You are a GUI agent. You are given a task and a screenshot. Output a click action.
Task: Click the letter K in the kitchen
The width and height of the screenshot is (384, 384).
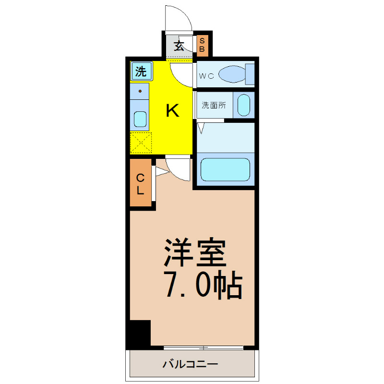pyautogui.click(x=173, y=110)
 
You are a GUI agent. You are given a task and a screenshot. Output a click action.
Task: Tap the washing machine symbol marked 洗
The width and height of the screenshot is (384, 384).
pyautogui.click(x=141, y=71)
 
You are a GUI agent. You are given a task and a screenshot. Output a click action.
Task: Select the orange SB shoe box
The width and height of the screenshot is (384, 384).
pyautogui.click(x=202, y=46)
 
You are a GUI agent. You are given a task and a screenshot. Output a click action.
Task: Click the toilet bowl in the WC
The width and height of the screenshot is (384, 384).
pyautogui.click(x=232, y=74)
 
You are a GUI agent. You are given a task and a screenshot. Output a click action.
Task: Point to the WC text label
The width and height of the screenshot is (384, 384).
pyautogui.click(x=206, y=76)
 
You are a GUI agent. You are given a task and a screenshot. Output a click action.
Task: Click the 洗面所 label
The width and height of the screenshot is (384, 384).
pyautogui.click(x=214, y=105)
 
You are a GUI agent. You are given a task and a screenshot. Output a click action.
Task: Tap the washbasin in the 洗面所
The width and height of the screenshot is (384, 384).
pyautogui.click(x=244, y=105)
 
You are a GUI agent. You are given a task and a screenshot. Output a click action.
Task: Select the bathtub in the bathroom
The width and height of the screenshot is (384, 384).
pyautogui.click(x=225, y=169)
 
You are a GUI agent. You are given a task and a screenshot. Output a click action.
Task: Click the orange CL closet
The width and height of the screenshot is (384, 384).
pyautogui.click(x=141, y=182)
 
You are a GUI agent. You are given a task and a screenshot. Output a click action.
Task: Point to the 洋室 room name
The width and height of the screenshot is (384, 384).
pyautogui.click(x=195, y=252)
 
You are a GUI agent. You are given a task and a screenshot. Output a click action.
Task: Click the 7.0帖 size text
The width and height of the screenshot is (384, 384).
pyautogui.click(x=204, y=285)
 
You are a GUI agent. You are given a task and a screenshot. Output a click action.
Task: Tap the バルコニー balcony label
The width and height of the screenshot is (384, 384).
pyautogui.click(x=190, y=364)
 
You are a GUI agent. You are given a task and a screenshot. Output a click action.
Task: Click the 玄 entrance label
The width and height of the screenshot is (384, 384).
pyautogui.click(x=179, y=46)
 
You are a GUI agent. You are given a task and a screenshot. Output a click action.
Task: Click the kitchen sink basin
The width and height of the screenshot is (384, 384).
pyautogui.click(x=140, y=119)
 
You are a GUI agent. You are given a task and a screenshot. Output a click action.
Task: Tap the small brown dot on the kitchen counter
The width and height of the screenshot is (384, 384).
pyautogui.click(x=140, y=91)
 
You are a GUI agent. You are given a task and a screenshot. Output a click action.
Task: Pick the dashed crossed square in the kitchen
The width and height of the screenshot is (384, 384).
pyautogui.click(x=141, y=143)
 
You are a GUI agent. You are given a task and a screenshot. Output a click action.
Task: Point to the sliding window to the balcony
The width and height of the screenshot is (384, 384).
pyautogui.click(x=203, y=348)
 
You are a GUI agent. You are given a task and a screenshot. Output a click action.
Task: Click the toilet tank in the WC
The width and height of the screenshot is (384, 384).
pyautogui.click(x=250, y=74)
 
